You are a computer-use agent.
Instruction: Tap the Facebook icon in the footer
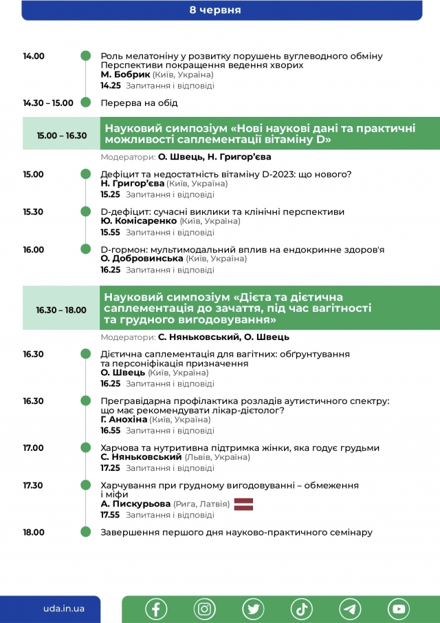pos(156,609)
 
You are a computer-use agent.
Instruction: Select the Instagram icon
pos(204,609)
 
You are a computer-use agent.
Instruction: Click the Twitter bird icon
pos(253,609)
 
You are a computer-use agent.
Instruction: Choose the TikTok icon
pos(301,609)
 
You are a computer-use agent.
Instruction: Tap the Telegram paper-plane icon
pos(350,609)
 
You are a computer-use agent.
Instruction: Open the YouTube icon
pos(398,609)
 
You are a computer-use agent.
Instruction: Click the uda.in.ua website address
pos(63,609)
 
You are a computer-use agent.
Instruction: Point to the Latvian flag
pos(244,505)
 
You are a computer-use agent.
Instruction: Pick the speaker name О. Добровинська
pos(142,258)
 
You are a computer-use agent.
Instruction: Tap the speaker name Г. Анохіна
pos(124,419)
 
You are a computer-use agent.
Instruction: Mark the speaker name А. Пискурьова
pos(135,504)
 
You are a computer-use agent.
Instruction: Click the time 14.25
pos(111,86)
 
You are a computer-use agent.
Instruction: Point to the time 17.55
pos(111,515)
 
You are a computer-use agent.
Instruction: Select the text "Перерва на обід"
pos(139,103)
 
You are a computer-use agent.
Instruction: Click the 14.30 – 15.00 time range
pos(48,103)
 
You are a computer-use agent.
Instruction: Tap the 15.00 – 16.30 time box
pos(62,136)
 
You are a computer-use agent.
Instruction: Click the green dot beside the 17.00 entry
pos(86,448)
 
